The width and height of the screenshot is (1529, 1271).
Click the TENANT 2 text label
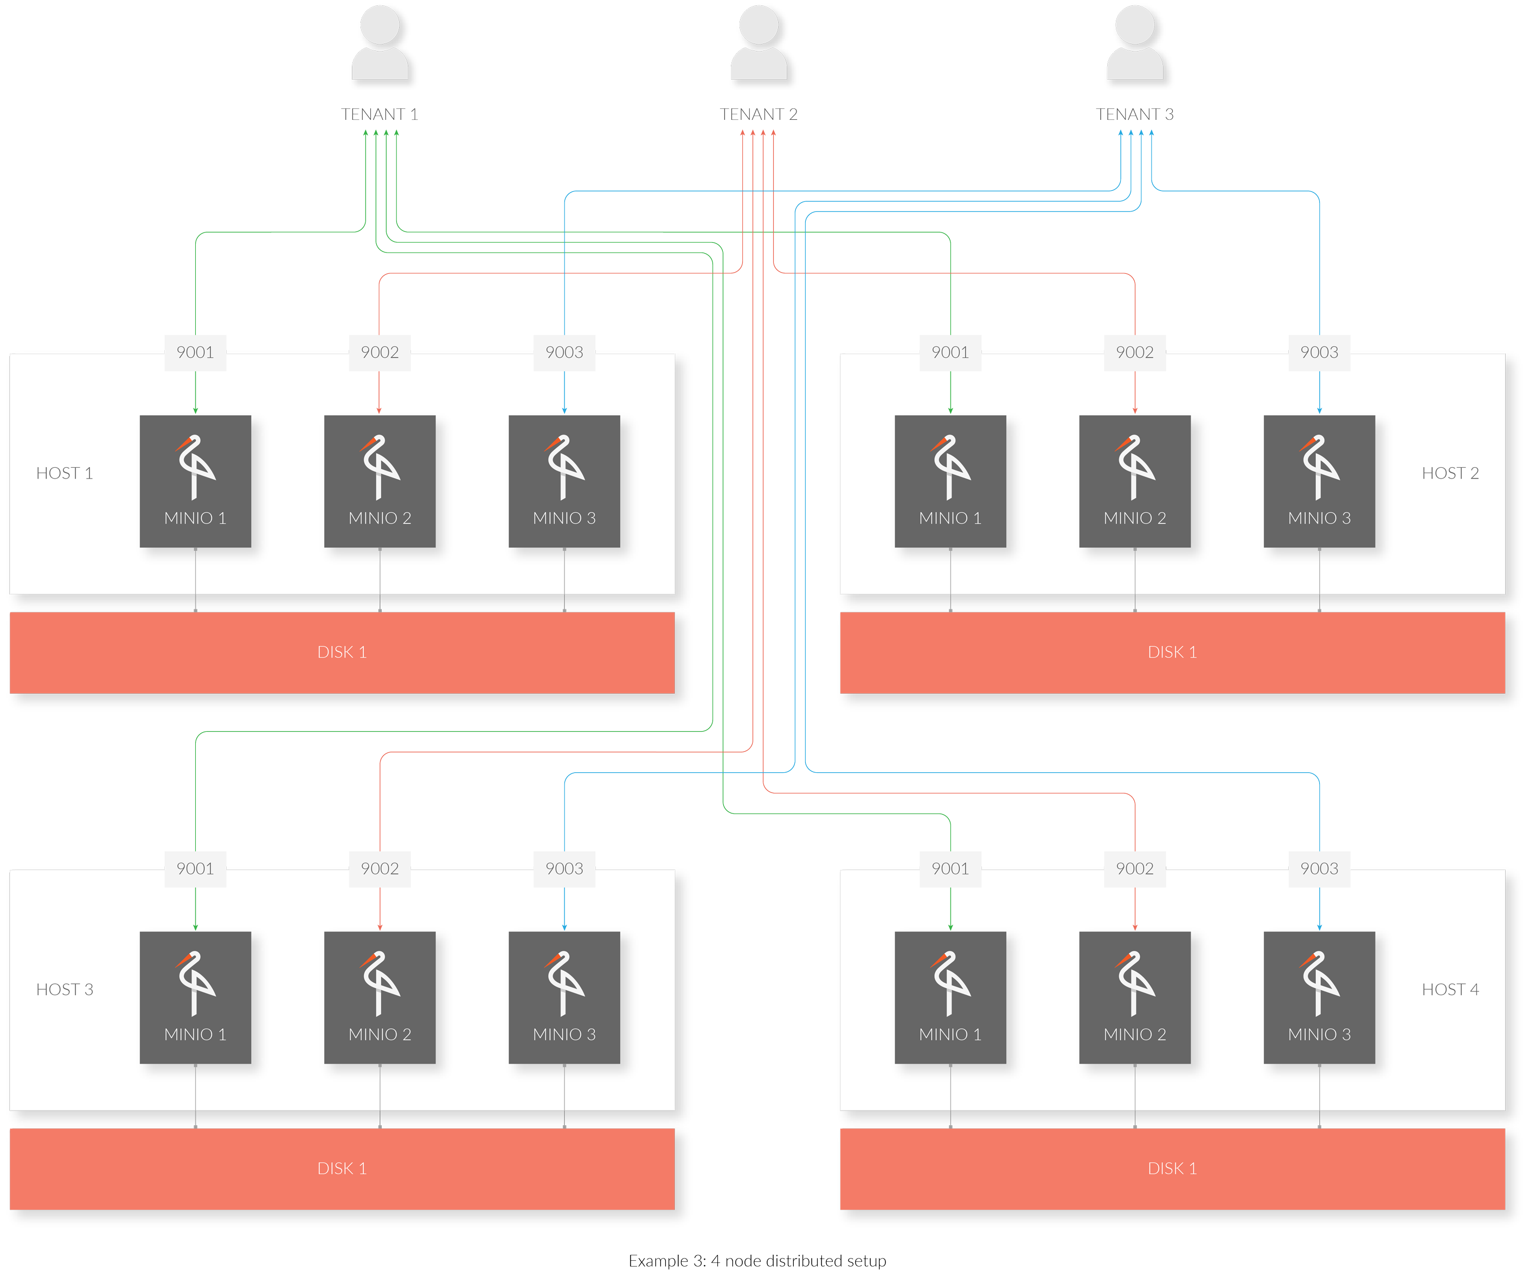758,114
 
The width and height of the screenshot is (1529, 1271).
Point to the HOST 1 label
65,473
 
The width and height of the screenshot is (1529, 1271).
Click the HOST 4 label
1450,989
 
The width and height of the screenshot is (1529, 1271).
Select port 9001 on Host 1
195,352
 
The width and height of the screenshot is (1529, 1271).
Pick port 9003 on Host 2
1319,352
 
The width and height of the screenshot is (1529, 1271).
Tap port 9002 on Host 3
380,868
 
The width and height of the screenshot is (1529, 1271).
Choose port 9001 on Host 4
950,868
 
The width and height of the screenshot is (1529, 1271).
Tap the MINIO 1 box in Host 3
195,997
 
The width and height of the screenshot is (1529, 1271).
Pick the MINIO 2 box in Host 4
1134,997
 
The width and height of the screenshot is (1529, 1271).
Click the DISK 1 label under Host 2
1172,652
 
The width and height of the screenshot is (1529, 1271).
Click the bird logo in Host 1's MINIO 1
195,467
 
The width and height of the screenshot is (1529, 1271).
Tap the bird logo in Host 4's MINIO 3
1319,983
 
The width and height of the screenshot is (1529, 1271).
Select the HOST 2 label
1450,473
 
